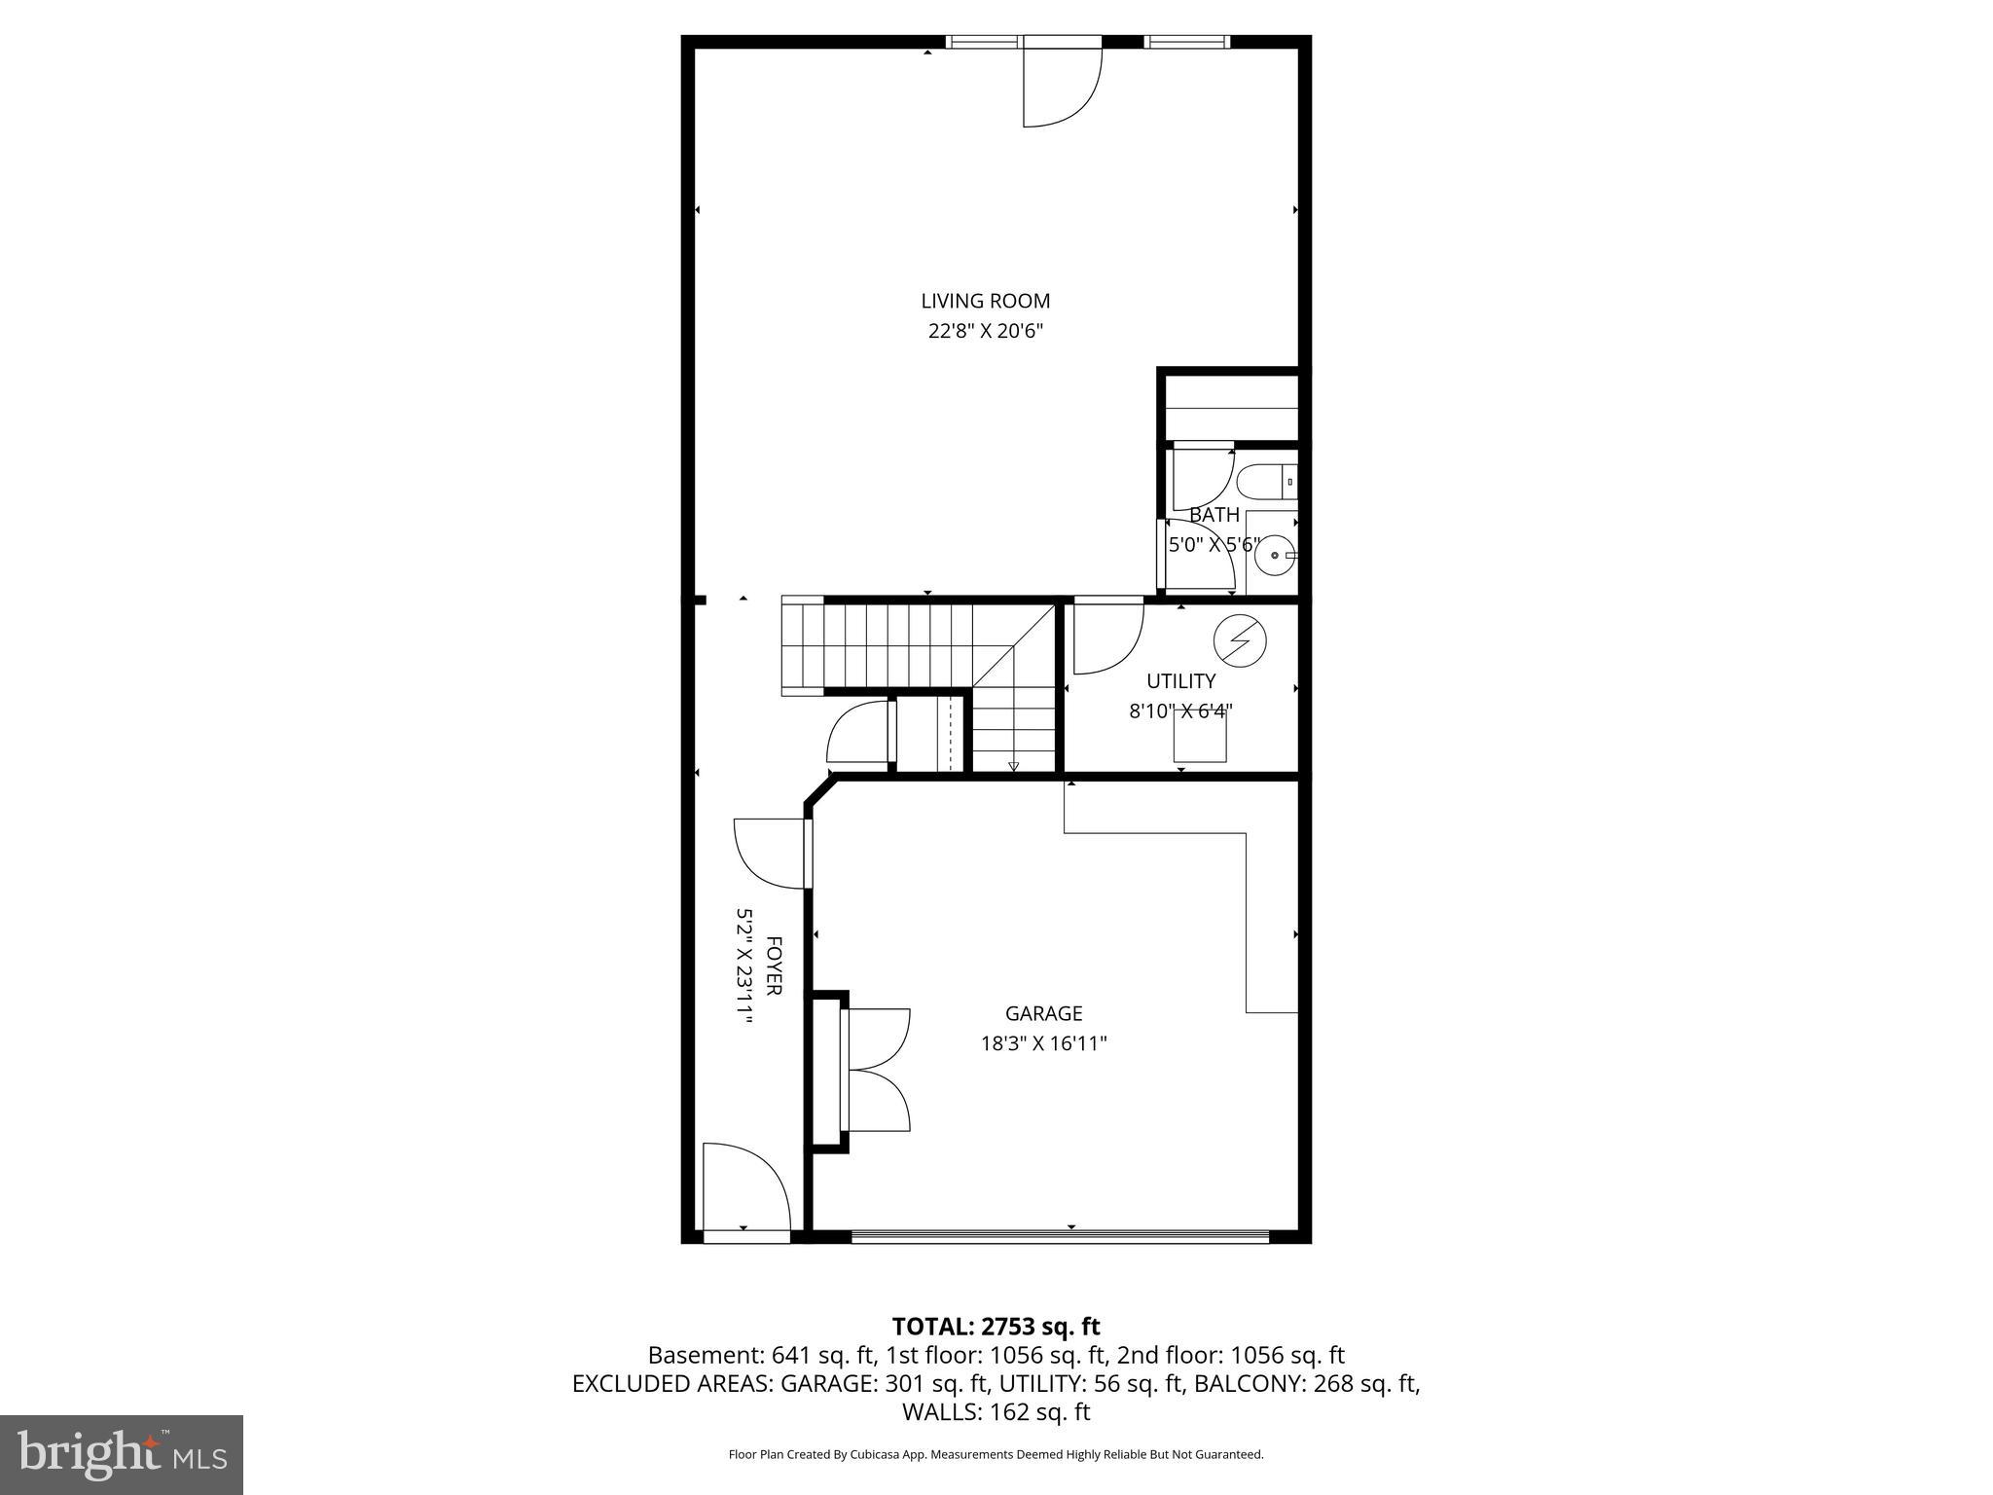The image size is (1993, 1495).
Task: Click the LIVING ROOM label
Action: (985, 302)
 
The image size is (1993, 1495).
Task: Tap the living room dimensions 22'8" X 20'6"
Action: (985, 332)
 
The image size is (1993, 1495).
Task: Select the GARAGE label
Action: (1043, 1014)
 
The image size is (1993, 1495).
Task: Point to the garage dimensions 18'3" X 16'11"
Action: (1043, 1044)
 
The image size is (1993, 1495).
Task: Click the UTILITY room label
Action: (1180, 681)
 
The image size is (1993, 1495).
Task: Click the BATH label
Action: (1214, 515)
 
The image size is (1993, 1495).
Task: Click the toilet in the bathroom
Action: (1266, 481)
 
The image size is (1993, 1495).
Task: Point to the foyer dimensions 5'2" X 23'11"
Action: (744, 967)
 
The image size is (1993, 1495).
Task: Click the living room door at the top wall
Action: (1062, 88)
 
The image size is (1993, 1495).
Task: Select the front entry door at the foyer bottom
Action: (744, 1193)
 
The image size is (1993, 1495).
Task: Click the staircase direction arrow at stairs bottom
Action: (1013, 766)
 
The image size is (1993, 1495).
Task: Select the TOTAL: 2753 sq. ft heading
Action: (996, 1326)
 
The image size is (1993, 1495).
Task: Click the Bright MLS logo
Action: (122, 1455)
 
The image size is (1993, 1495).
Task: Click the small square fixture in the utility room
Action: (1199, 737)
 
